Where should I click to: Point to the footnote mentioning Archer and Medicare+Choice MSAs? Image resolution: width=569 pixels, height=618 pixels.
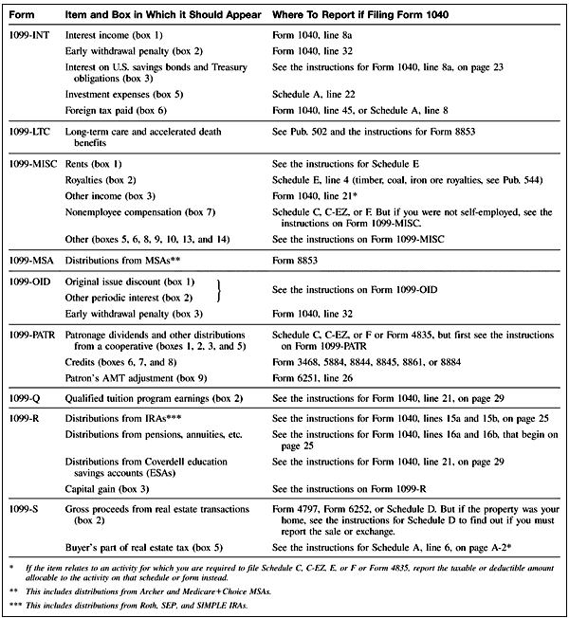click(x=161, y=589)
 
